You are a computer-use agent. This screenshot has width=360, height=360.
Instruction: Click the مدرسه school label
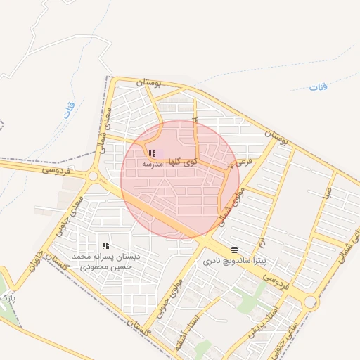click(153, 163)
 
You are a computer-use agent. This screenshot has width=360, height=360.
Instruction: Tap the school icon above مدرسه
click(153, 153)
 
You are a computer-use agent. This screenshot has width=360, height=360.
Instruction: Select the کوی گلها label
click(181, 161)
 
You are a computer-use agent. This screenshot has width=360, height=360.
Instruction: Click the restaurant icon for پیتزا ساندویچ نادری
click(234, 249)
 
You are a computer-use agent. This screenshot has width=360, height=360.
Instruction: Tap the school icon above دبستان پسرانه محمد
click(106, 245)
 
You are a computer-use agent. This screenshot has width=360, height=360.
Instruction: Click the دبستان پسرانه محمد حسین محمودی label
click(108, 262)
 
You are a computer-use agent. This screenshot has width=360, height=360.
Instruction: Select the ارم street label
click(261, 242)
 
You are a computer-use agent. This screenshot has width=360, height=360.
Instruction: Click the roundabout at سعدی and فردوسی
click(93, 176)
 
